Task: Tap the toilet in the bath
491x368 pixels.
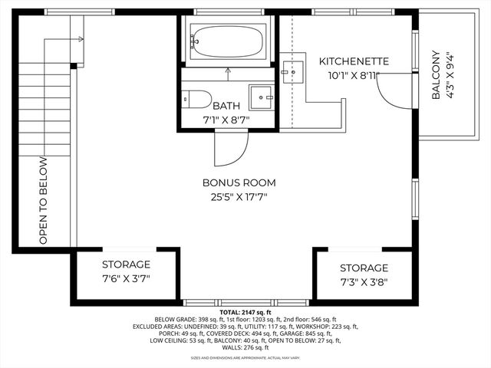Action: tap(196, 99)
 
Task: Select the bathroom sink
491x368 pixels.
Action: tap(262, 98)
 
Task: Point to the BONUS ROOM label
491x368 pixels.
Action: tap(239, 182)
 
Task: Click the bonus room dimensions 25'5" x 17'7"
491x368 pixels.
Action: tap(239, 197)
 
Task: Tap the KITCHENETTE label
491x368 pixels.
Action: tap(354, 61)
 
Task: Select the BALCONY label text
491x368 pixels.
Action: tap(435, 75)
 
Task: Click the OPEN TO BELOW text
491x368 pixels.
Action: tap(43, 201)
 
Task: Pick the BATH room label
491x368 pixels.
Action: tap(226, 106)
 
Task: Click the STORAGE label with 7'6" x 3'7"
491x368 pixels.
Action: tap(126, 264)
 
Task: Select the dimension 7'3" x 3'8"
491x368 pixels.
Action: tap(364, 281)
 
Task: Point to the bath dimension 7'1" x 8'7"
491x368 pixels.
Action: tap(226, 120)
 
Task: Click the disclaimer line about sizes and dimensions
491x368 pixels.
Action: tap(245, 357)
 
